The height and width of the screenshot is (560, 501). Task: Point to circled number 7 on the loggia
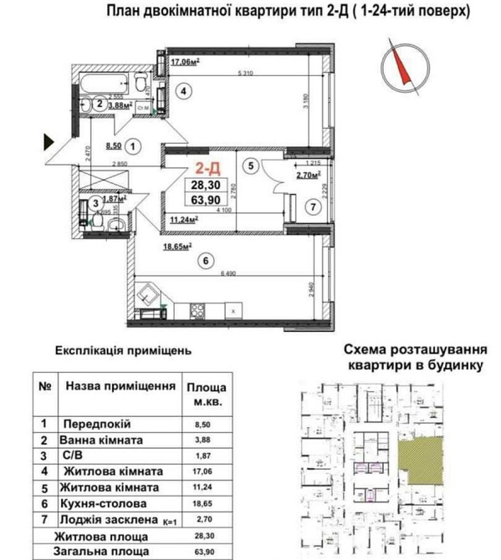tap(309, 206)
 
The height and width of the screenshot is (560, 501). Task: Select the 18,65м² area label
tap(177, 247)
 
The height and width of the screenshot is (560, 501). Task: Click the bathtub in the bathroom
tap(105, 84)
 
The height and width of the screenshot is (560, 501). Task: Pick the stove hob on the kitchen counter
tap(199, 312)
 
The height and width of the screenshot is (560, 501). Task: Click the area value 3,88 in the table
tap(202, 440)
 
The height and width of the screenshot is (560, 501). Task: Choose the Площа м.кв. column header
tap(203, 395)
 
